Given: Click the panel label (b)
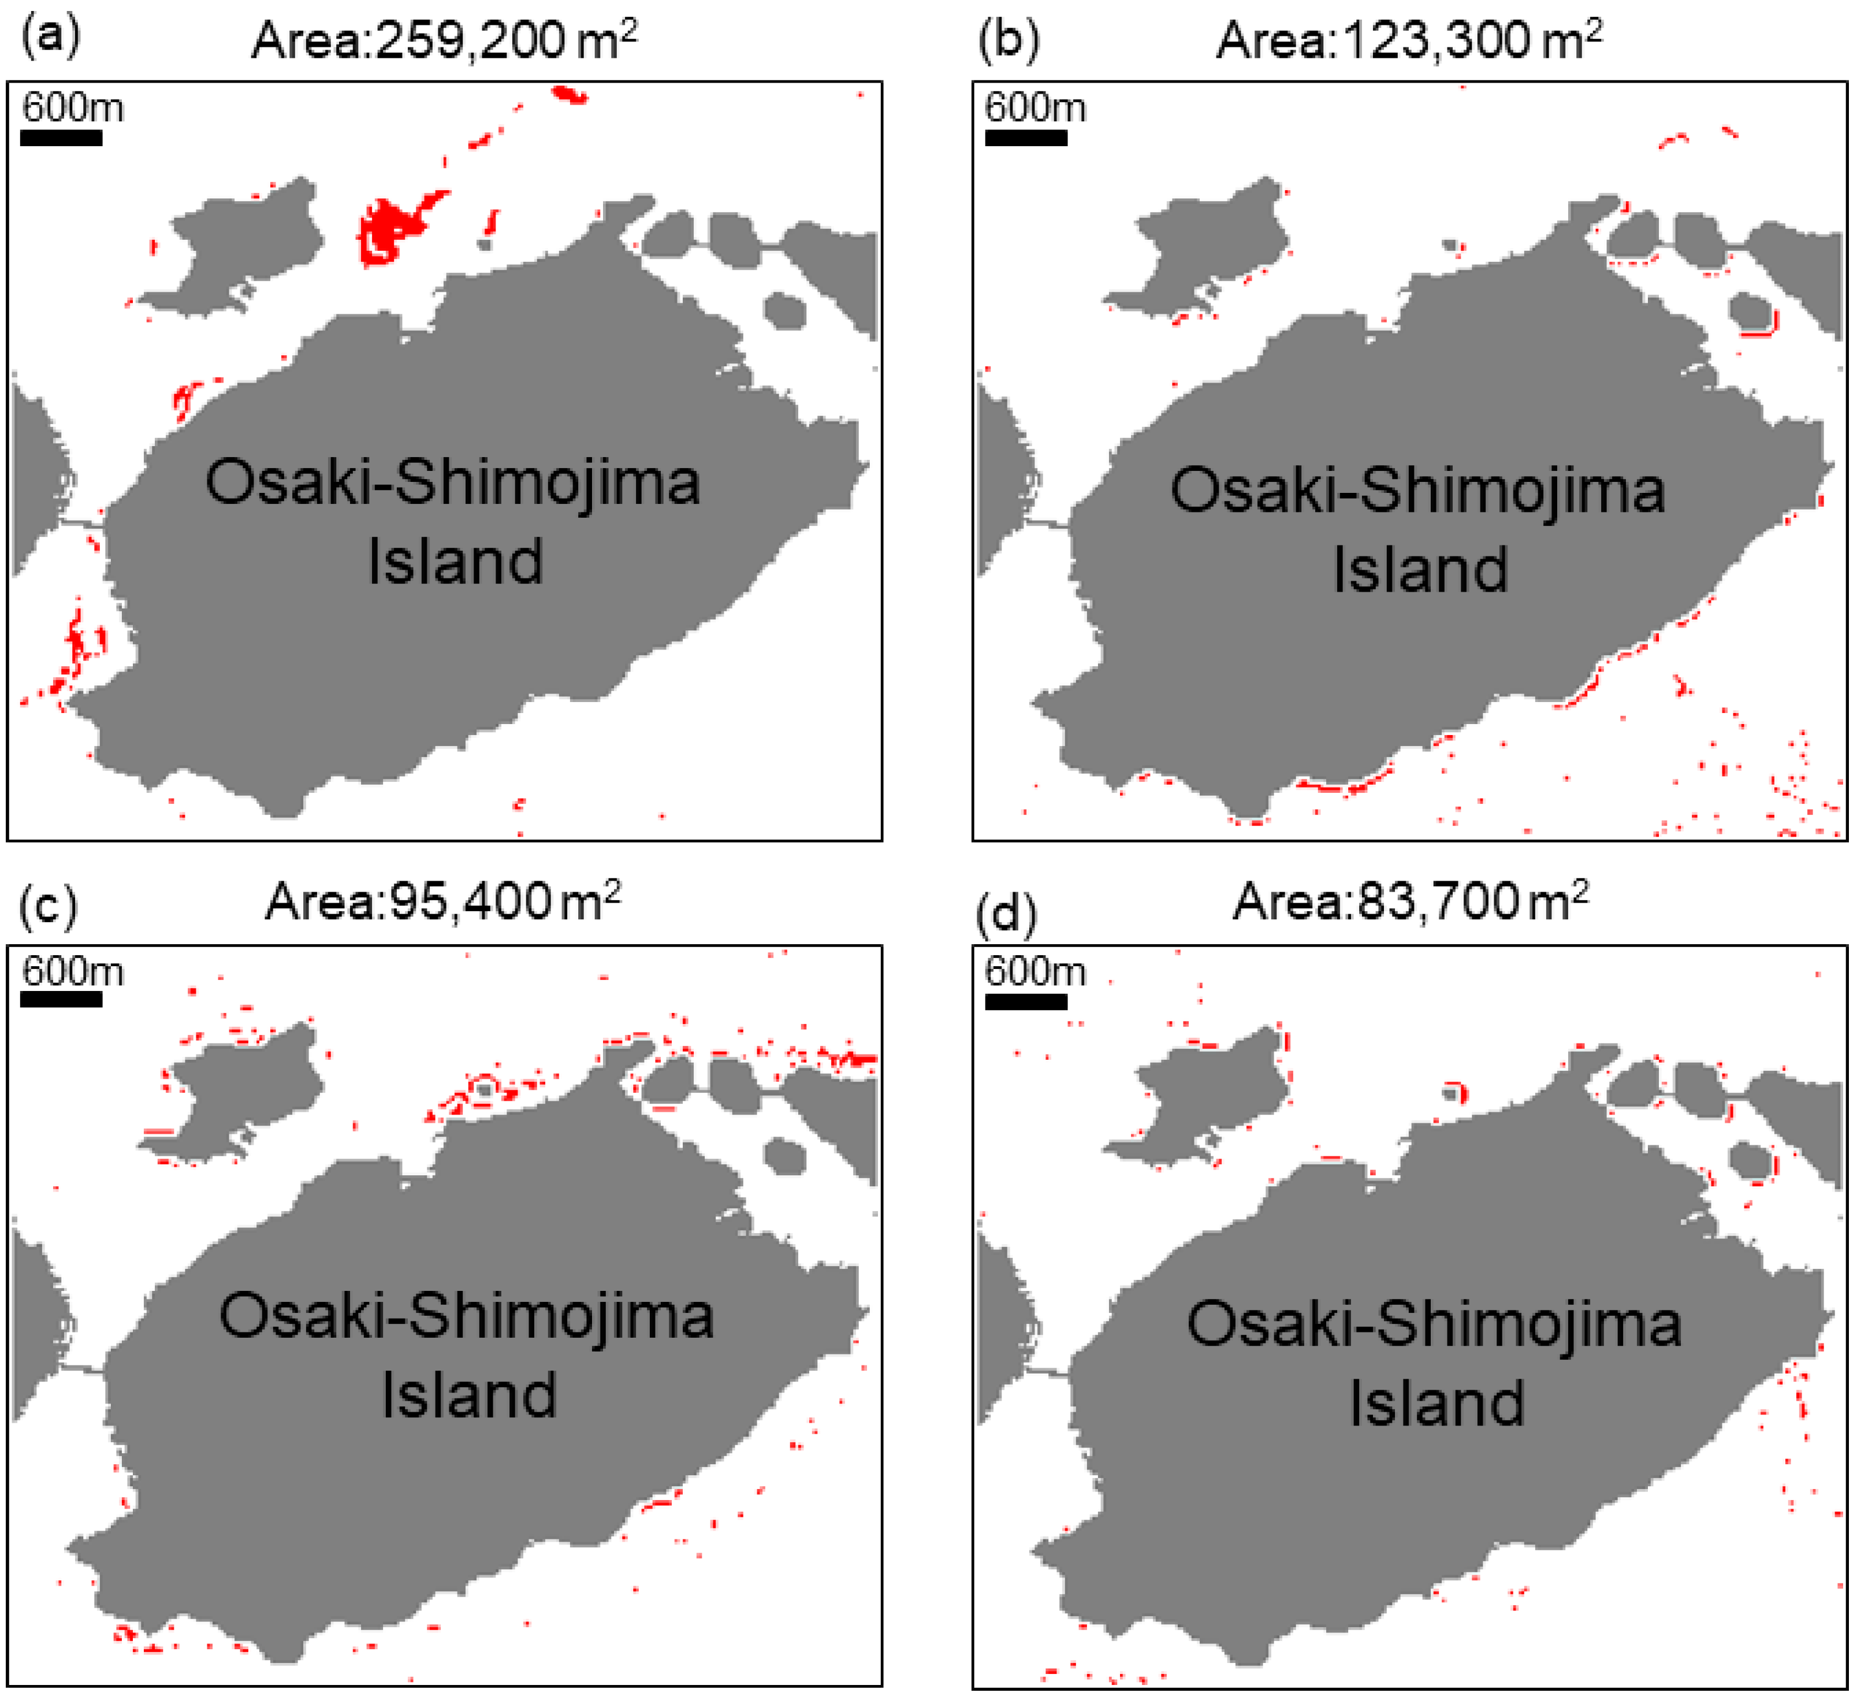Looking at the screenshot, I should coord(1008,40).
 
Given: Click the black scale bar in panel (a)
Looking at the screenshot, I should coord(61,138).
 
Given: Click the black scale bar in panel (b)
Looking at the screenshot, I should coord(1026,138).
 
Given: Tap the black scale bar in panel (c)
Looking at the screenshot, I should coord(61,999).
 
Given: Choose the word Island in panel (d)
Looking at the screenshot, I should coord(1437,1404).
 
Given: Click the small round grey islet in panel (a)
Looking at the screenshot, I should coord(785,310).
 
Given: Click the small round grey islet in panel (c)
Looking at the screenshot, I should coord(785,1156).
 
